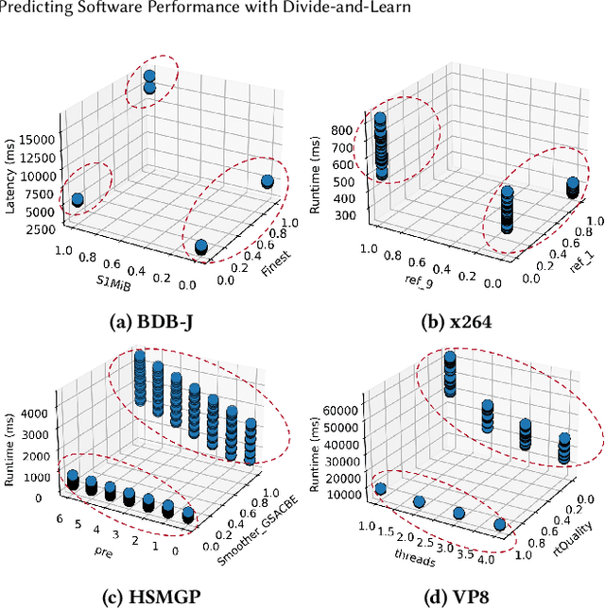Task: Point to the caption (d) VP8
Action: (459, 597)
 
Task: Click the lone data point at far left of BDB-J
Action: (78, 199)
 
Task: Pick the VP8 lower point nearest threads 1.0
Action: (381, 489)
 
